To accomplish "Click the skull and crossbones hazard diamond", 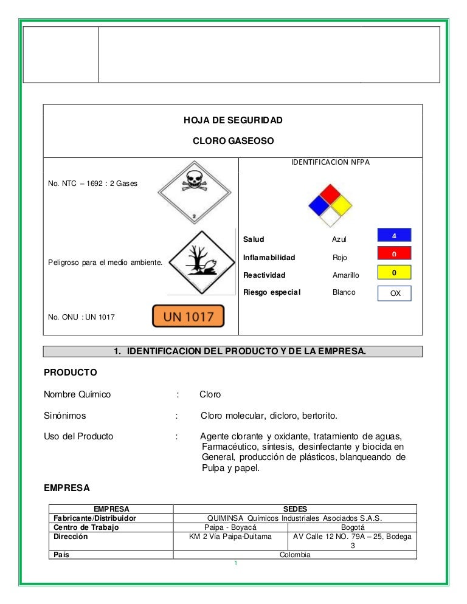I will coord(194,193).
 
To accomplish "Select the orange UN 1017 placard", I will coord(188,316).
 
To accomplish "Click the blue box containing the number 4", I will coord(394,235).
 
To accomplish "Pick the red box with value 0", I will coord(394,253).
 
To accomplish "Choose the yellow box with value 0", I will coord(394,273).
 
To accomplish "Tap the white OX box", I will coord(395,293).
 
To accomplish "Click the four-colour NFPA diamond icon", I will coord(330,205).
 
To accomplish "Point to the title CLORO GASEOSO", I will coord(233,141).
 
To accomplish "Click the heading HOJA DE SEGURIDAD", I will coord(233,120).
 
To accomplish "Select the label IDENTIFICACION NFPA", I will coord(330,162).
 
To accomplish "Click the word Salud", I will coord(254,239).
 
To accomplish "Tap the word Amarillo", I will coord(345,275).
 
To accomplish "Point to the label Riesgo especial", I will coord(271,292).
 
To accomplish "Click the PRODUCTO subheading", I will coord(70,372).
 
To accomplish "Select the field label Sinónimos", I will coord(64,416).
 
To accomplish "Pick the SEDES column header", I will coord(295,509).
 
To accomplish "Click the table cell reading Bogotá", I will coord(353,527).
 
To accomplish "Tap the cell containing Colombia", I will coord(295,555).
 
